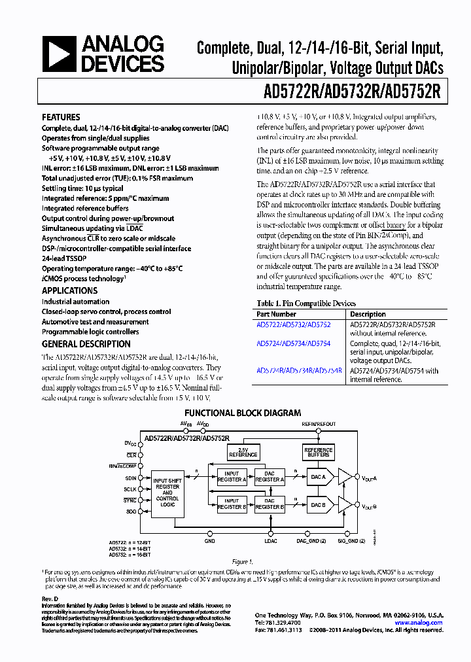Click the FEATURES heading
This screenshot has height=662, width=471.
pyautogui.click(x=61, y=117)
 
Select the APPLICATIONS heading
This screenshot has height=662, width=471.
pyautogui.click(x=69, y=290)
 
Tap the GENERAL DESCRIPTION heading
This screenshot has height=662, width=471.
pyautogui.click(x=86, y=344)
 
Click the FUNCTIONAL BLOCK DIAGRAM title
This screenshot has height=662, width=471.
pyautogui.click(x=242, y=413)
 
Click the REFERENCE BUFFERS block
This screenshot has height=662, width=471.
pyautogui.click(x=318, y=452)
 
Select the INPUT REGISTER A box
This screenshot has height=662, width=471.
pyautogui.click(x=232, y=476)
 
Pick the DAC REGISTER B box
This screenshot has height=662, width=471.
pyautogui.click(x=270, y=504)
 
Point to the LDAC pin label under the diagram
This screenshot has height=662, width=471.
pyautogui.click(x=271, y=541)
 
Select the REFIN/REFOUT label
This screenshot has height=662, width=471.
pyautogui.click(x=319, y=425)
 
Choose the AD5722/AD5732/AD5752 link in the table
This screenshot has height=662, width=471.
pyautogui.click(x=293, y=324)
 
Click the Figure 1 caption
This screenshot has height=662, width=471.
pyautogui.click(x=241, y=562)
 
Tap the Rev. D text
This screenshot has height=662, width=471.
pyautogui.click(x=50, y=599)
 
